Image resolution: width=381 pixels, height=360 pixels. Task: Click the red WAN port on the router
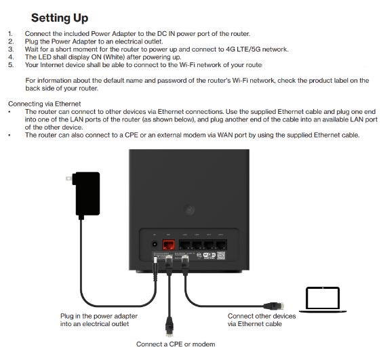click(168, 245)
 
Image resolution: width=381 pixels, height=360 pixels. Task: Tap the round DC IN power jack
click(155, 244)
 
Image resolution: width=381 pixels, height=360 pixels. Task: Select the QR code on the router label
click(221, 256)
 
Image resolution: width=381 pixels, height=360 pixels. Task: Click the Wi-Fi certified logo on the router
click(209, 255)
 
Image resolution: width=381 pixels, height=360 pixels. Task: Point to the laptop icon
click(323, 300)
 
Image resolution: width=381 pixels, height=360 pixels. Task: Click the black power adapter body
click(87, 194)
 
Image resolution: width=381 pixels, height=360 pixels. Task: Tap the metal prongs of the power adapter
click(68, 178)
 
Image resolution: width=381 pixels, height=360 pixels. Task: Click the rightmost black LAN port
click(221, 245)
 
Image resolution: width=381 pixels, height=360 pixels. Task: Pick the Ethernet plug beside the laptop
click(274, 306)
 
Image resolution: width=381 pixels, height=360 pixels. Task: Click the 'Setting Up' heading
click(60, 18)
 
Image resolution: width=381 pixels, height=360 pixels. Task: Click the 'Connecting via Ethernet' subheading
click(45, 104)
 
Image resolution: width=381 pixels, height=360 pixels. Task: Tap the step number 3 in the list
click(11, 49)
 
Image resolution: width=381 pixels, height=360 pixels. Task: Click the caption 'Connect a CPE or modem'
click(176, 344)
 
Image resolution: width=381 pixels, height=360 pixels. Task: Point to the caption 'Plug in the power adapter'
click(99, 316)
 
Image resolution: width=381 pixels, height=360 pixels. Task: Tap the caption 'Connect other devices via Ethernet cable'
click(262, 320)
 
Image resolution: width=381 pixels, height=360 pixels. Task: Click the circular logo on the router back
click(190, 210)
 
